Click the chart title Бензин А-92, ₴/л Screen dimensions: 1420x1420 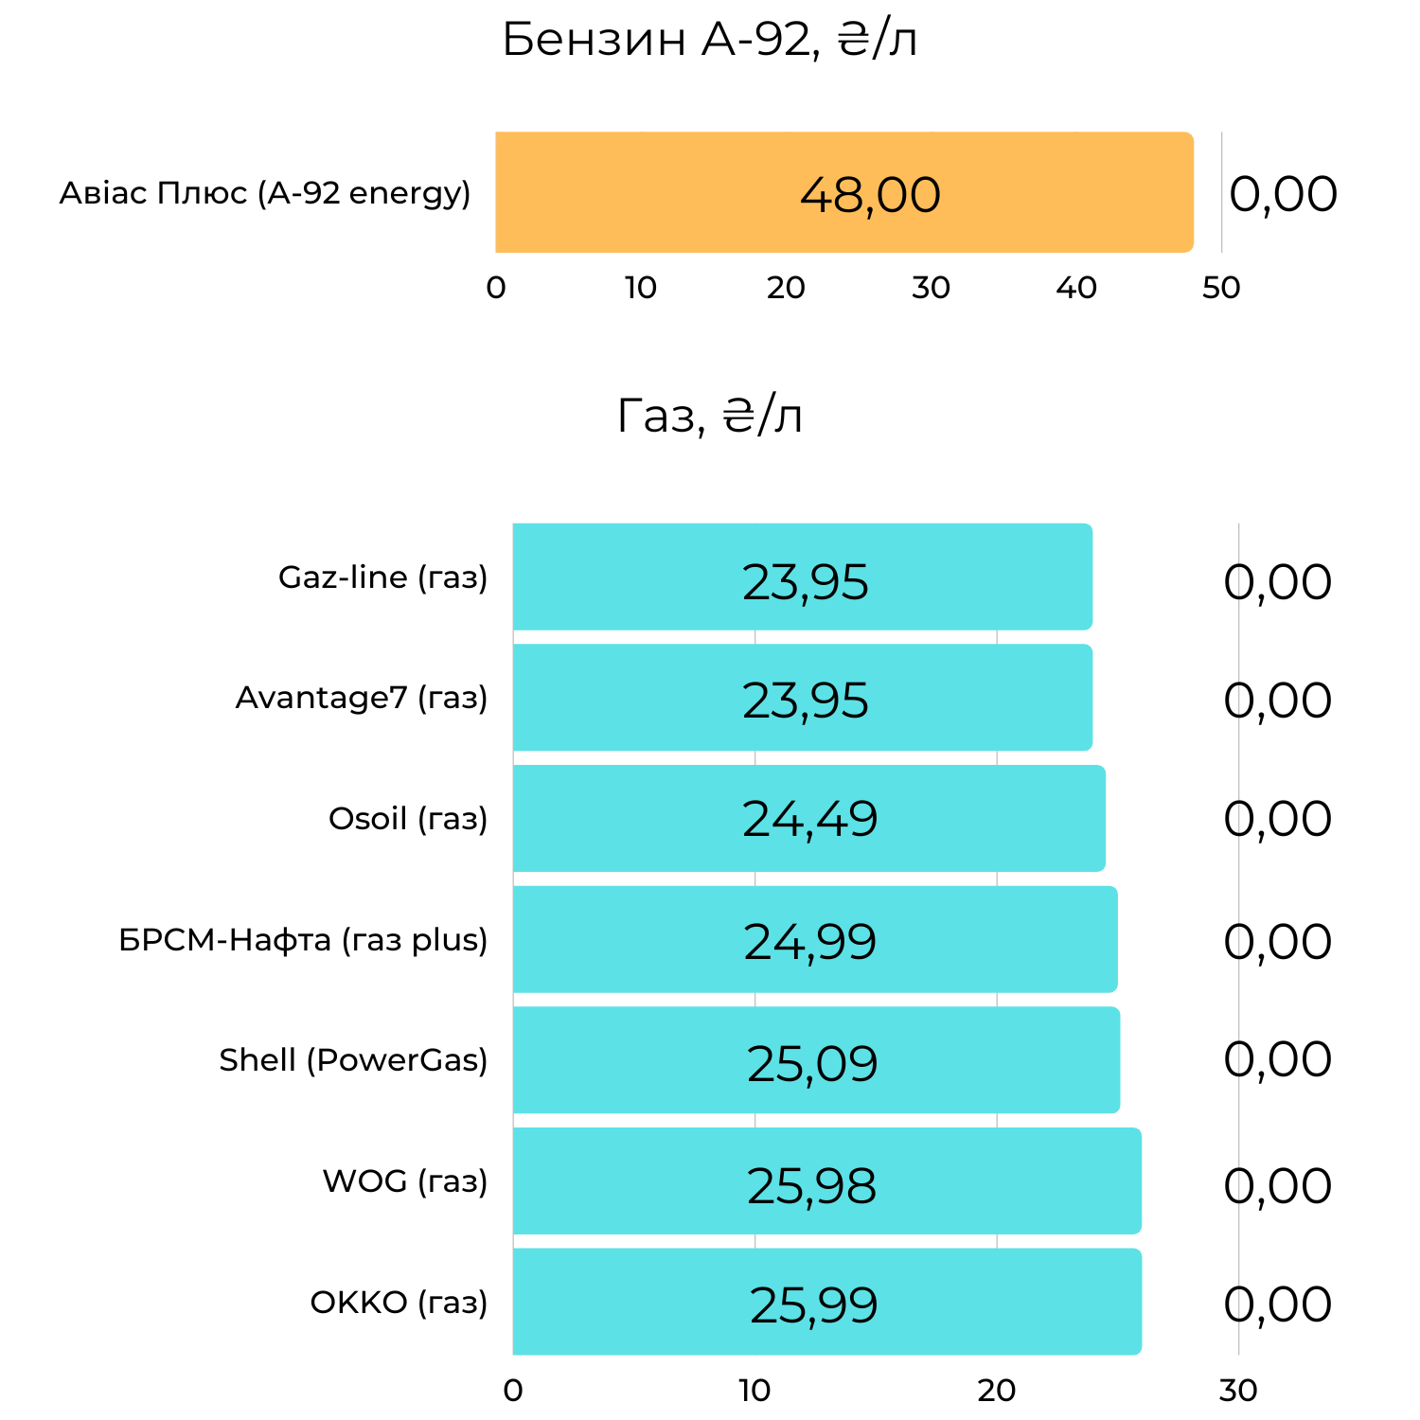709,41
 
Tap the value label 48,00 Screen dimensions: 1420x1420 870,195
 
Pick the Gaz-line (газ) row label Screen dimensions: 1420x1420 382,577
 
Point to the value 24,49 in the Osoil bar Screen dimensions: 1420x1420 809,820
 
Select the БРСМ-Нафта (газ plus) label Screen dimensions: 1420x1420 303,940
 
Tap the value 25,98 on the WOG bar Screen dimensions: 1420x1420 811,1186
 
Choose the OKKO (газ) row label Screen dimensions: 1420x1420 399,1303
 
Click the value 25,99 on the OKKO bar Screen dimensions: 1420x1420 813,1305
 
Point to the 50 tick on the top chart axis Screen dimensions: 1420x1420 1221,288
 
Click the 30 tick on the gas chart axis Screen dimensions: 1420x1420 1238,1391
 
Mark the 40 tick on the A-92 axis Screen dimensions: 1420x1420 1076,288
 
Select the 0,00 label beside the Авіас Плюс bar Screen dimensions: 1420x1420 1283,194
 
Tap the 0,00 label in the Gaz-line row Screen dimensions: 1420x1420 1277,582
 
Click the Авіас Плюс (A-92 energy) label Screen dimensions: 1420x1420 265,193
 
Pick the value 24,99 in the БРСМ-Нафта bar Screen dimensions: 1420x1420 809,942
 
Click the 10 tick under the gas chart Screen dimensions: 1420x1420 754,1391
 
